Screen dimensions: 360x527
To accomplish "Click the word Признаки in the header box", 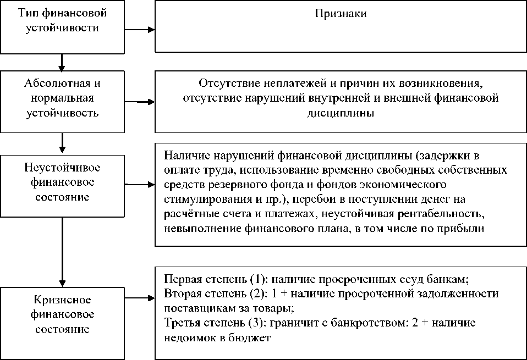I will (341, 14).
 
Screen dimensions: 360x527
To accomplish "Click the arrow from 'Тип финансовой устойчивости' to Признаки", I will (140, 28).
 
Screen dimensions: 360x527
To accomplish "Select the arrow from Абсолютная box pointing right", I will (140, 101).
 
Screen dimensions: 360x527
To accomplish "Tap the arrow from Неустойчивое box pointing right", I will (140, 185).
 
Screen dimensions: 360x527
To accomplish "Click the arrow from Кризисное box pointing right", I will (140, 300).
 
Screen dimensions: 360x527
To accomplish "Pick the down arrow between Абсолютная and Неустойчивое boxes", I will (63, 144).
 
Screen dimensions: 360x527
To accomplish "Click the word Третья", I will (181, 323).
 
